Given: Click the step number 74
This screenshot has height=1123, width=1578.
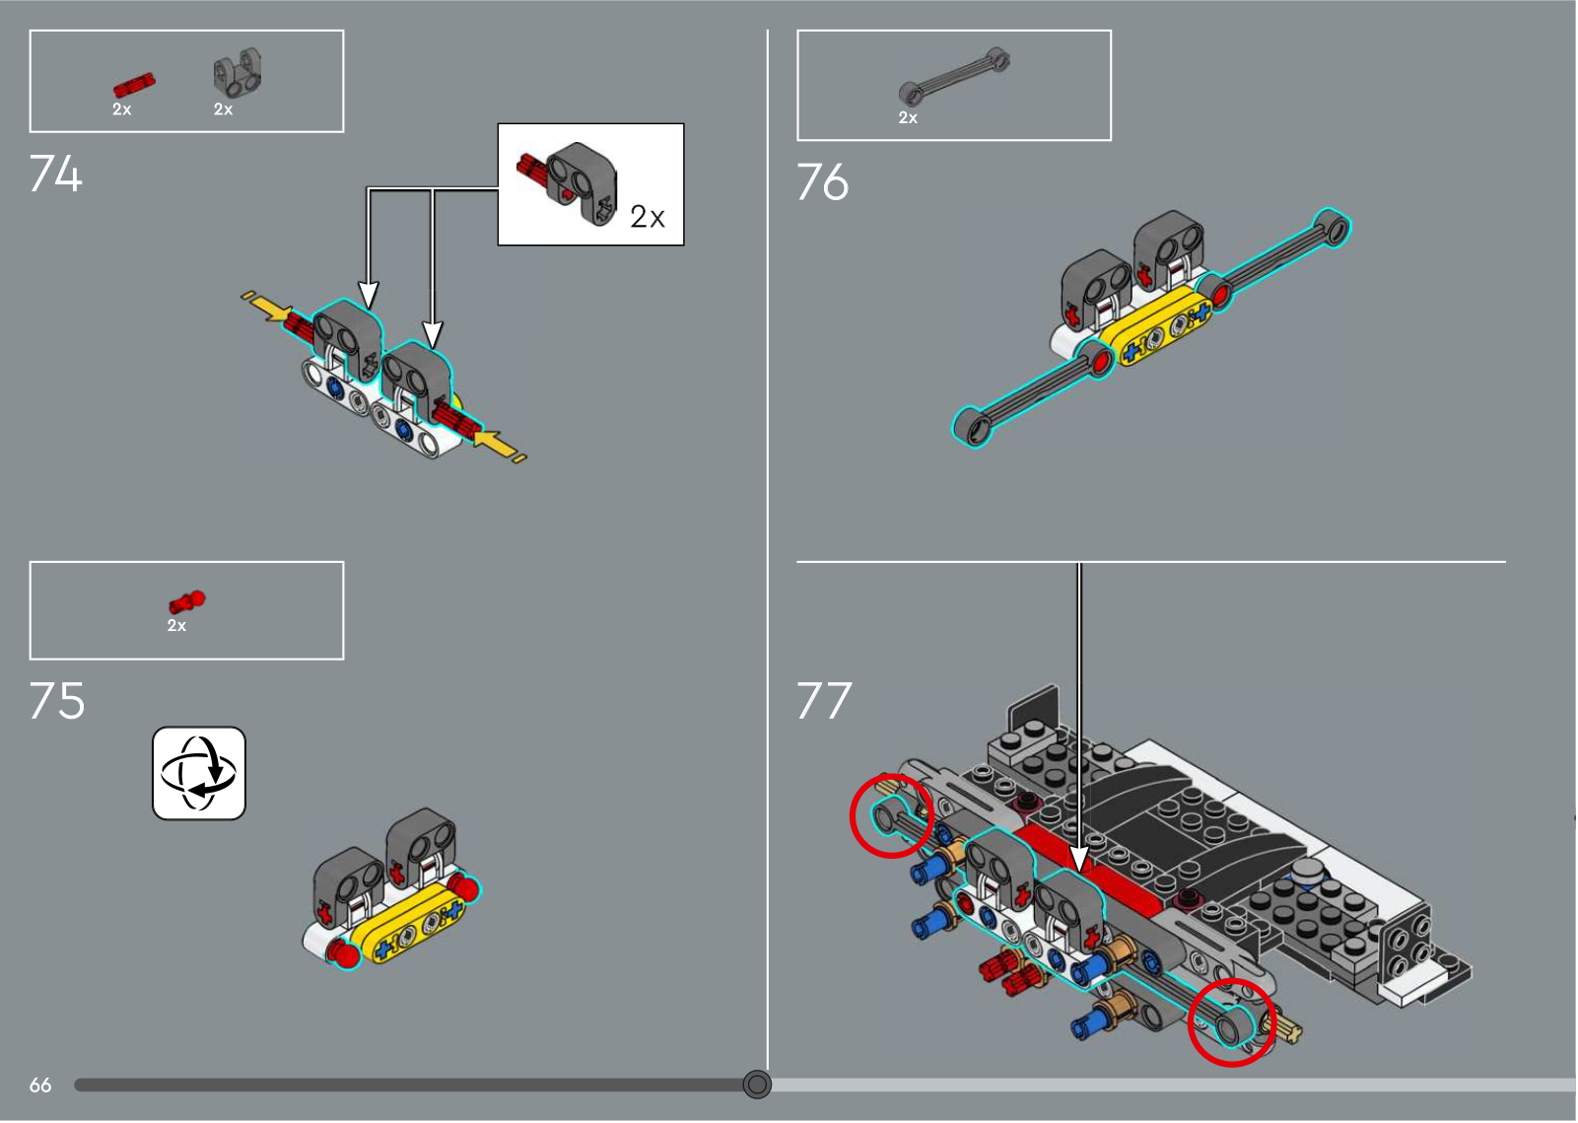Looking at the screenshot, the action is point(55,174).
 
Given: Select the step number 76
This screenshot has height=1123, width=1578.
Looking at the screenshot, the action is point(823,181).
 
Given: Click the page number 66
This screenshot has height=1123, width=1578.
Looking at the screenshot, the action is point(40,1085).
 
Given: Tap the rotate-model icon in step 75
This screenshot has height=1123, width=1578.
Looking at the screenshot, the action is point(199,774).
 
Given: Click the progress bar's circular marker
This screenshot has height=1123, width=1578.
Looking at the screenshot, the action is point(757,1085).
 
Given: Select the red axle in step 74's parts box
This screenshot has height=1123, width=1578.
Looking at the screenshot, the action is point(134,85).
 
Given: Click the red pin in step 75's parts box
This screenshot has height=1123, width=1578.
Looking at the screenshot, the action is point(187,602).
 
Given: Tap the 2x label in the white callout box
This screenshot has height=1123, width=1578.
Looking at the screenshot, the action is point(648,217).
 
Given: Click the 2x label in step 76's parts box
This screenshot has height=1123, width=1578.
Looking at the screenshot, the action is point(908,117).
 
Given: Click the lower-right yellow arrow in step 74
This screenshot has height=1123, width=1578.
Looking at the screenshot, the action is point(500,447).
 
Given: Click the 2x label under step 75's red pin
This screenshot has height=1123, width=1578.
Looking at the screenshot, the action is point(176,626).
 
